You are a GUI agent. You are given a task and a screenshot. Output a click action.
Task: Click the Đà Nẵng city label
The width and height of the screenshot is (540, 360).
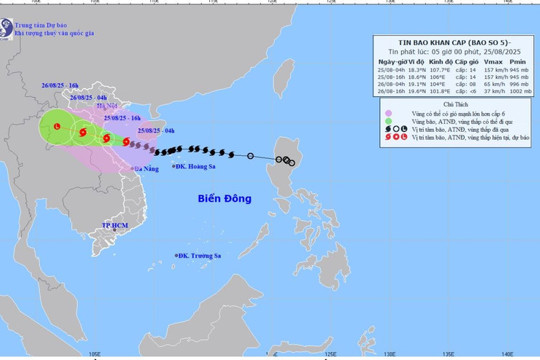(146, 171)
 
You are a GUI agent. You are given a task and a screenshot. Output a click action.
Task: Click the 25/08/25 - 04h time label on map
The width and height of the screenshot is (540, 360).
(159, 131)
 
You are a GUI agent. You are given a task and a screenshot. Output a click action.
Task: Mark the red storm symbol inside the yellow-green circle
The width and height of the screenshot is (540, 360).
(57, 128)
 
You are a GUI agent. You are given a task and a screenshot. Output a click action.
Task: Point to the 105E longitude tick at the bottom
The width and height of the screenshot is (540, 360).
(94, 353)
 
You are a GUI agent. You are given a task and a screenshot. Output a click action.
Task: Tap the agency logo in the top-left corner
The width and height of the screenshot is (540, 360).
(8, 14)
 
